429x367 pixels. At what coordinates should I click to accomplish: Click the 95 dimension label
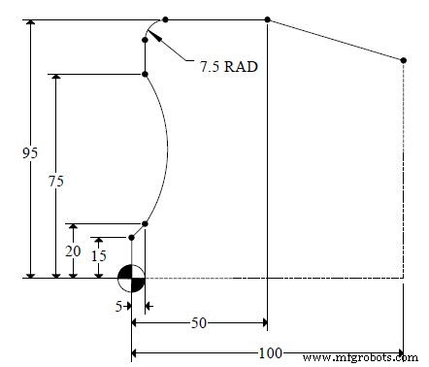[30, 152]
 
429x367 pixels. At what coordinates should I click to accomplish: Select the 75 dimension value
[56, 181]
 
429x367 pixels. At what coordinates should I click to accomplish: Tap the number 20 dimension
[73, 251]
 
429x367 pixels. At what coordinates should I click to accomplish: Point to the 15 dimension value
[99, 256]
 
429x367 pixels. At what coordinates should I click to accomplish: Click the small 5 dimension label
[118, 306]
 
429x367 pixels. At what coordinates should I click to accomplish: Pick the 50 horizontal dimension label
[199, 322]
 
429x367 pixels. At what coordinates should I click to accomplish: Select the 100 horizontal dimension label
[271, 352]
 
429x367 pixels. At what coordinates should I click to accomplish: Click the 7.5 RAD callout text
[229, 67]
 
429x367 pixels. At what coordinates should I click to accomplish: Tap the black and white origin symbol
[131, 278]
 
